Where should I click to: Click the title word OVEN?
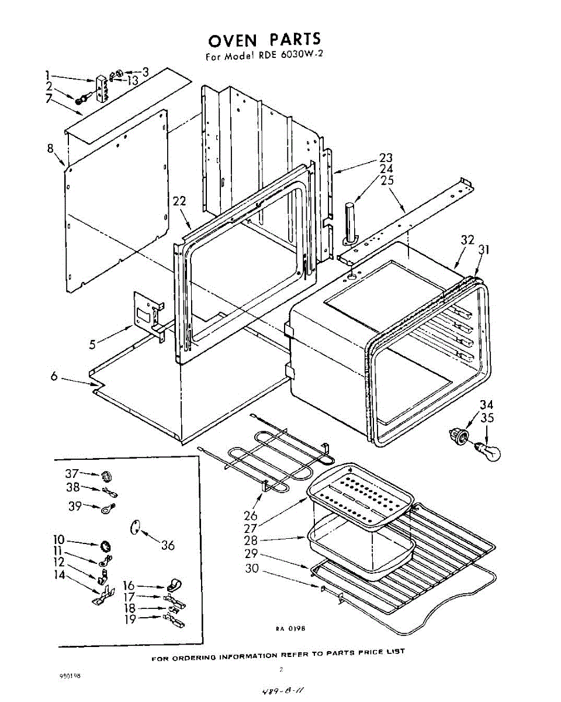[x=233, y=41]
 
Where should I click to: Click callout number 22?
[x=179, y=201]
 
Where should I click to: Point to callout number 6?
[x=54, y=377]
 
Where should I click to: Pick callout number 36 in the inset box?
[x=168, y=545]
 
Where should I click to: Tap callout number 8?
[x=51, y=148]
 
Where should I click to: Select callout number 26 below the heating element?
[x=250, y=515]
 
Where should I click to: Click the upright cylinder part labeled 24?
[x=349, y=223]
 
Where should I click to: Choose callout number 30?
[x=252, y=567]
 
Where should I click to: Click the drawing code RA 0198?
[x=290, y=629]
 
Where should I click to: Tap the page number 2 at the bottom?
[x=281, y=669]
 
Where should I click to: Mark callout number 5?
[x=92, y=345]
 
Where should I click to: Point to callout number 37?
[x=72, y=473]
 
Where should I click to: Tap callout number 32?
[x=467, y=239]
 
